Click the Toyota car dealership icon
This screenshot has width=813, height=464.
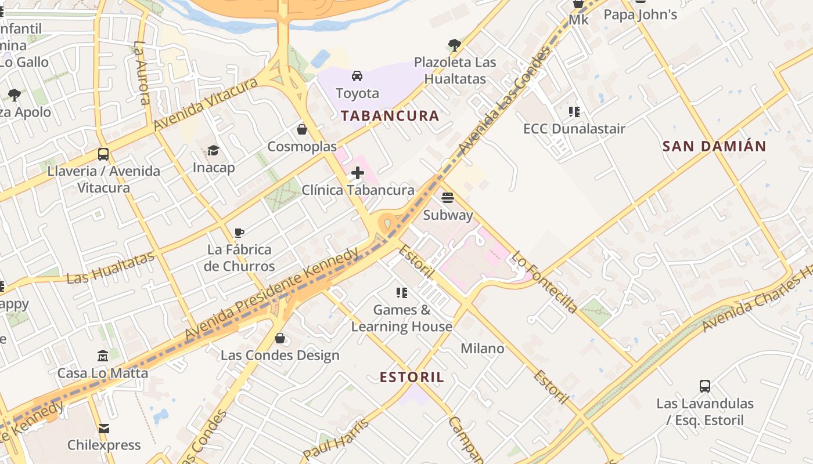357,76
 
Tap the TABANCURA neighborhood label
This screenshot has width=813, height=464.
390,115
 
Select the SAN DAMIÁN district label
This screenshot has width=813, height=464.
714,146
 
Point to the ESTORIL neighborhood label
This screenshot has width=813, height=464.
412,377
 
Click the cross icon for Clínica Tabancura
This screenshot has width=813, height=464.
358,173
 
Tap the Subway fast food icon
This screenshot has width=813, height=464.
447,198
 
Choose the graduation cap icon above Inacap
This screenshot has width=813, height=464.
214,151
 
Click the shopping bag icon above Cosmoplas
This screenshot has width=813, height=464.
301,129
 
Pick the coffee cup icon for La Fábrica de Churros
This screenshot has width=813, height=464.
239,233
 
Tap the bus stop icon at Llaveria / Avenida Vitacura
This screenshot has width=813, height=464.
103,154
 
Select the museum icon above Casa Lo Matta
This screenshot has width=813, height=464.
103,356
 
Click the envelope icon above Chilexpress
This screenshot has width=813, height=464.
104,429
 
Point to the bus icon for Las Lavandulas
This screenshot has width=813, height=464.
705,386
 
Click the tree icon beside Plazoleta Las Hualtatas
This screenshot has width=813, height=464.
455,45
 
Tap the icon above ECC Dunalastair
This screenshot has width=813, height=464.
574,112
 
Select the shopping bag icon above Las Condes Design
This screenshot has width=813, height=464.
280,338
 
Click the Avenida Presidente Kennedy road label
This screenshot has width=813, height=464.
272,295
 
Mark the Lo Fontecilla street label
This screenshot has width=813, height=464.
544,282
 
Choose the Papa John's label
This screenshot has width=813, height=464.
641,14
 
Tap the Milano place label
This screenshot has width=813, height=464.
483,349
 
